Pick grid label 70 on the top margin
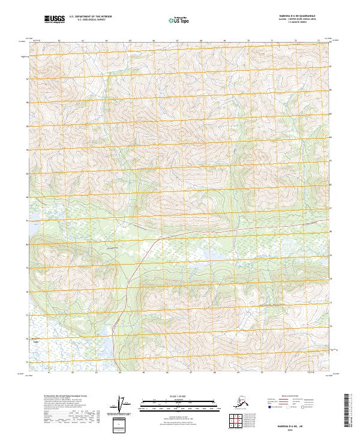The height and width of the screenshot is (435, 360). pos(248,41)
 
